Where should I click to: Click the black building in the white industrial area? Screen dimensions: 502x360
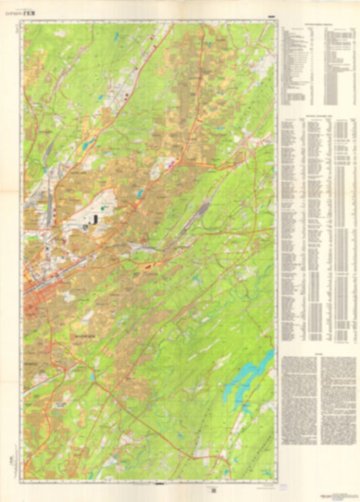95,218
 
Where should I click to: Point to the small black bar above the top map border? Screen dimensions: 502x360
271,17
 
